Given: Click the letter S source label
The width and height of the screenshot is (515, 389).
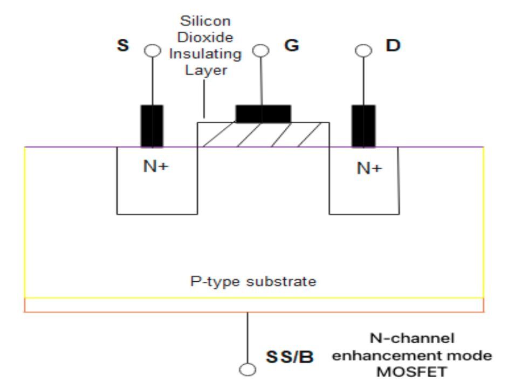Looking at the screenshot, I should point(123,46).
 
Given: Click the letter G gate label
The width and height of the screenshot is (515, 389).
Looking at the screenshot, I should point(291,46).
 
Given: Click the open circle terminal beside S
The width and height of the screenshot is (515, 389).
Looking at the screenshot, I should point(153,51).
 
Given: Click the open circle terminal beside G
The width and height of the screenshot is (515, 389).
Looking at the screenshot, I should point(261,51).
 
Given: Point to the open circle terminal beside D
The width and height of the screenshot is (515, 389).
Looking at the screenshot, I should point(363,51).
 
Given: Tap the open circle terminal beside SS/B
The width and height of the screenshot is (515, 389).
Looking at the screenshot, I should point(248,371).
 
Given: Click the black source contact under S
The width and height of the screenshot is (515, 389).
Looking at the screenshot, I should point(152,126).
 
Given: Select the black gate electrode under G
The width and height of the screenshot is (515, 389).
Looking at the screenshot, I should point(263,114).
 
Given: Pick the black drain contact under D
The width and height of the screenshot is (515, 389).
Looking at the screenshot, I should point(363,126).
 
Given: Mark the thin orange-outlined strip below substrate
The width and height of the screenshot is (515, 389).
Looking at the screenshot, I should point(253,305).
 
